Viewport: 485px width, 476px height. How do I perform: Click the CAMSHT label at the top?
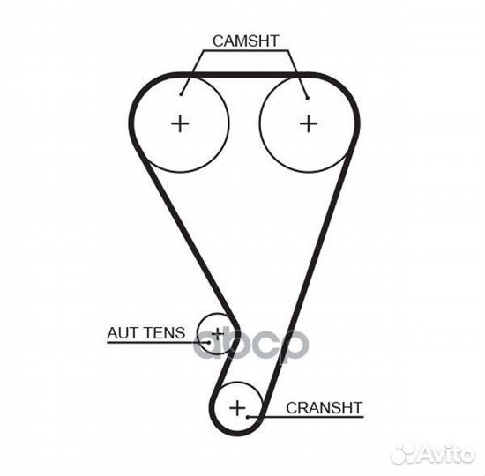click(x=246, y=41)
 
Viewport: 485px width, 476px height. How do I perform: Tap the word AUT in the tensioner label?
click(x=122, y=333)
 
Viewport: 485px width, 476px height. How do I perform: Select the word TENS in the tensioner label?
click(x=165, y=333)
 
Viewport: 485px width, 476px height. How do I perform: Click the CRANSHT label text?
click(x=325, y=408)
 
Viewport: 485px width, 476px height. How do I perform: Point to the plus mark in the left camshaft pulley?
click(x=180, y=124)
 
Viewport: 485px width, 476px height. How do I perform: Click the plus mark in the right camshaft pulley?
click(x=309, y=124)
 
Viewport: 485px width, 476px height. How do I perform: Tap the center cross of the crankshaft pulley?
click(x=237, y=408)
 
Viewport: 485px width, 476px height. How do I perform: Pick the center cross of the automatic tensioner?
click(x=218, y=334)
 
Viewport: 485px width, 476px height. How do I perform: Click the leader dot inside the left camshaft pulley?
click(x=181, y=94)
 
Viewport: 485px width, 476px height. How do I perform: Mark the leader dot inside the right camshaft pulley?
click(x=308, y=98)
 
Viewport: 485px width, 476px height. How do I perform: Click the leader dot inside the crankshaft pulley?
click(x=248, y=417)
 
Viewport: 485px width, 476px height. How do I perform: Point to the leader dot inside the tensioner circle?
click(x=209, y=342)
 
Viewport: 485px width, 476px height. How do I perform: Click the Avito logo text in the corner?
click(x=448, y=455)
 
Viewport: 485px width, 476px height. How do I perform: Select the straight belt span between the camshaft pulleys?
click(x=244, y=75)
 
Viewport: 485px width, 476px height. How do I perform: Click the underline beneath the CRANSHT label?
click(x=306, y=417)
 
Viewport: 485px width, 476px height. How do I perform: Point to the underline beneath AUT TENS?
click(x=158, y=342)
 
